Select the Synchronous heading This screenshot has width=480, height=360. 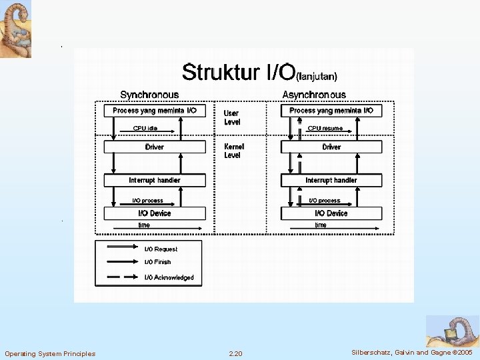click(149, 95)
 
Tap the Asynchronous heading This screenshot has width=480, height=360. click(314, 95)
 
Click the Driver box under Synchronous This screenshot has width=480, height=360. click(154, 147)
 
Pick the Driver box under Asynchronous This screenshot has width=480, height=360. click(331, 147)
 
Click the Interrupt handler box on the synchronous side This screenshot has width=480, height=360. click(154, 180)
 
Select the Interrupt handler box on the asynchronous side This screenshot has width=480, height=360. click(331, 180)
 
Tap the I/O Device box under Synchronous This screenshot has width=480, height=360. click(154, 213)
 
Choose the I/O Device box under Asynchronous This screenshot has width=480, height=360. click(331, 213)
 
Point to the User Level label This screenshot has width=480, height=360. click(232, 118)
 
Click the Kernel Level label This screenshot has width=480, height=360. click(234, 151)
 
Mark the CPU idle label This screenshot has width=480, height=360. click(145, 128)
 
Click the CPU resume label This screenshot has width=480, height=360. click(325, 128)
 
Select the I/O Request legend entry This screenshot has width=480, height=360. click(161, 249)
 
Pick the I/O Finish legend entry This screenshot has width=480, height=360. click(158, 263)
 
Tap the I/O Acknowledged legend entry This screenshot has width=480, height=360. click(169, 277)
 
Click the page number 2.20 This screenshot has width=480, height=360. click(235, 353)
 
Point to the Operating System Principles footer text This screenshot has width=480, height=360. click(50, 353)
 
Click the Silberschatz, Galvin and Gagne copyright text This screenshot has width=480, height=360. click(412, 351)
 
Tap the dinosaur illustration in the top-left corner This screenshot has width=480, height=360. click(15, 29)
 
